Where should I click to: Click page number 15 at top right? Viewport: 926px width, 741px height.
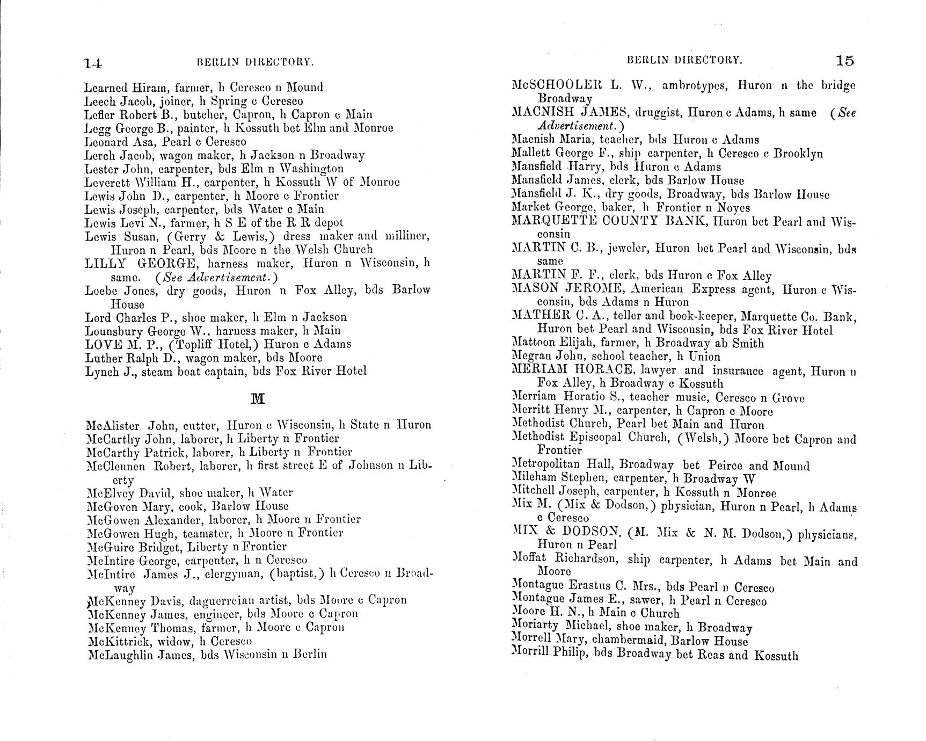844,61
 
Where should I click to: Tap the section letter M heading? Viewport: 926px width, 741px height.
258,398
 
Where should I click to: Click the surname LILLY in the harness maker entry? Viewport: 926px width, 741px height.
105,264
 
